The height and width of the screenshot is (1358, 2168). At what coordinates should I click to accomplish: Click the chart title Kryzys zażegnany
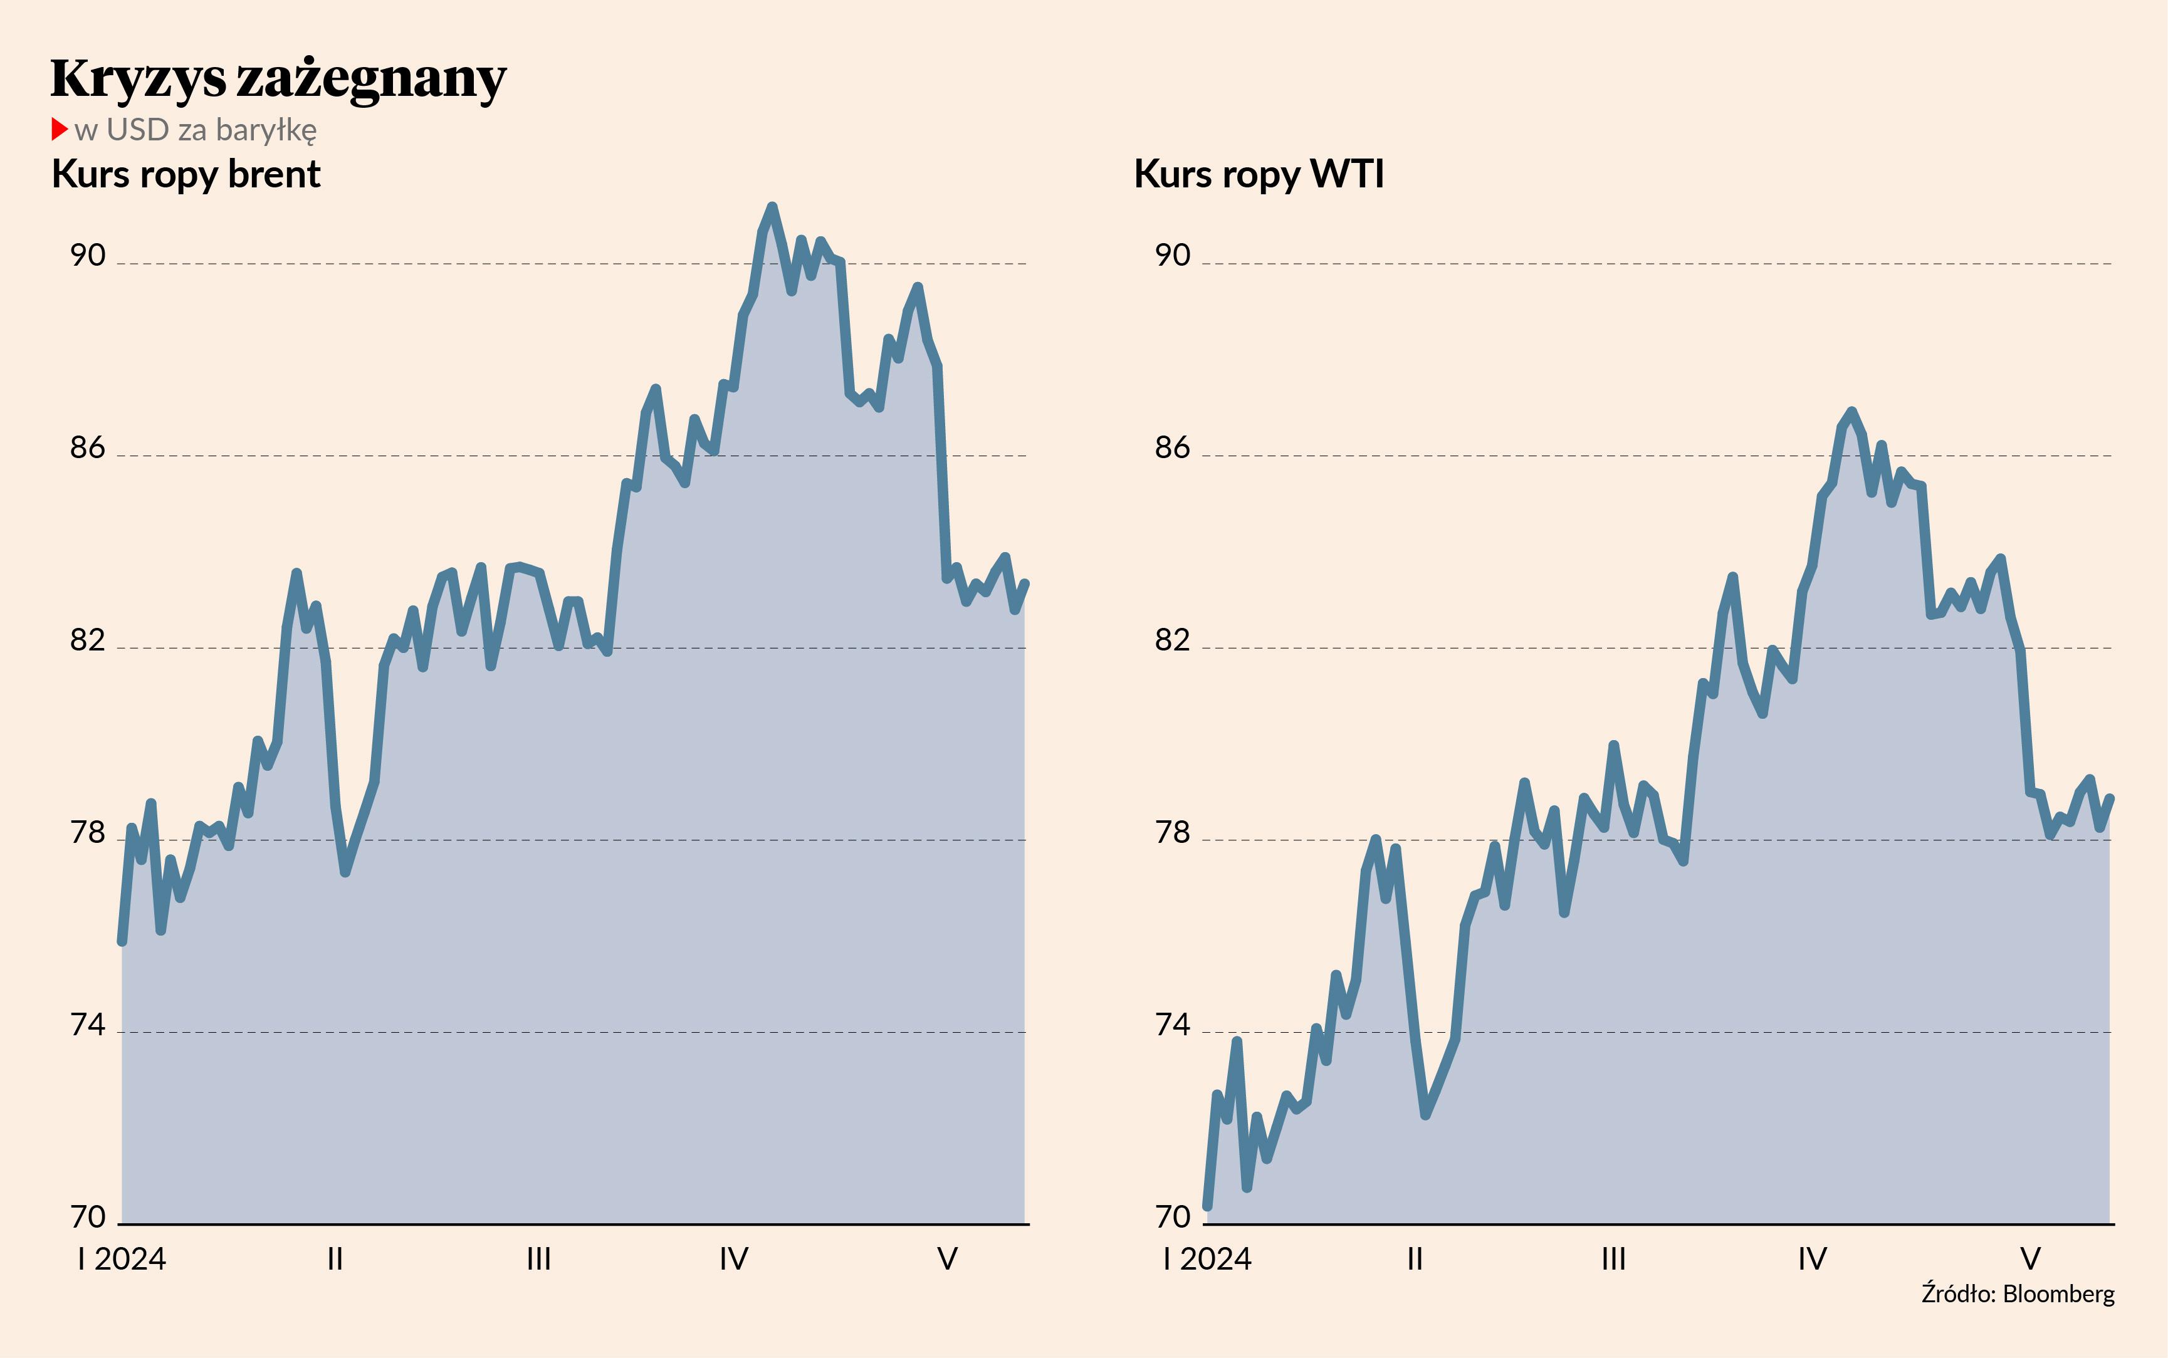pos(278,79)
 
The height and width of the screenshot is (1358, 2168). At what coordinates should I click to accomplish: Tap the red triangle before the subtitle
pos(60,129)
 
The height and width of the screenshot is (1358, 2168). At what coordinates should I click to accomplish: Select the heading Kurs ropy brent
pos(186,174)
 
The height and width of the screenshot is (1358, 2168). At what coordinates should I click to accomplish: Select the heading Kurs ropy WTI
pos(1258,174)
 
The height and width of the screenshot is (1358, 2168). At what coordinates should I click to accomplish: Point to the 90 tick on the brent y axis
pos(88,256)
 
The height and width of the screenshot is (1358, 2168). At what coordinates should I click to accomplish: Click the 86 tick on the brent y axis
pos(88,448)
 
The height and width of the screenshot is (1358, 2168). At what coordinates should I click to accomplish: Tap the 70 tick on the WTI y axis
pos(1172,1218)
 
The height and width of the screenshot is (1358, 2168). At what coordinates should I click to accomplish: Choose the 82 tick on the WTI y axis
pos(1172,640)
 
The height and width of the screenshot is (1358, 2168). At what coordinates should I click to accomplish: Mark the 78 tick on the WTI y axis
pos(1172,833)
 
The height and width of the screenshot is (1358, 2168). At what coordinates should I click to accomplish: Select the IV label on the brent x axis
pos(734,1259)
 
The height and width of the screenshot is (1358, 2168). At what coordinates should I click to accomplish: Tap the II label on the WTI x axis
pos(1415,1259)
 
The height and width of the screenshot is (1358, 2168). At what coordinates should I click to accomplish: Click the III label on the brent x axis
pos(538,1259)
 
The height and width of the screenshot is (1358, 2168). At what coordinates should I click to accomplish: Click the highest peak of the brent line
pos(772,207)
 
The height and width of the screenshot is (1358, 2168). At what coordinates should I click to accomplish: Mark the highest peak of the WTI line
pos(1852,411)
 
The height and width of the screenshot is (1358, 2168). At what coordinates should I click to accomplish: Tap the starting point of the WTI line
pos(1208,1206)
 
